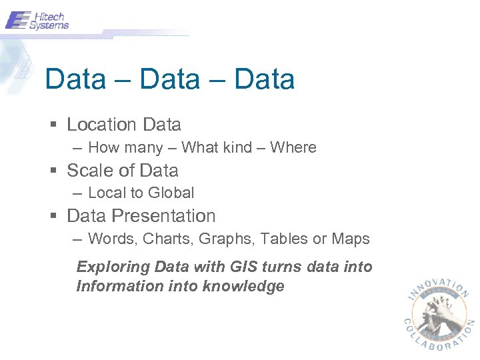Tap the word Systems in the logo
coord(49,25)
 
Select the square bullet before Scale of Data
coord(53,171)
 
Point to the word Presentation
coord(164,216)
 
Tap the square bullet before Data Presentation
coord(53,216)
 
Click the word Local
coord(107,193)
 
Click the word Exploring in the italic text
coord(113,267)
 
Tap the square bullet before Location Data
coord(53,125)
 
